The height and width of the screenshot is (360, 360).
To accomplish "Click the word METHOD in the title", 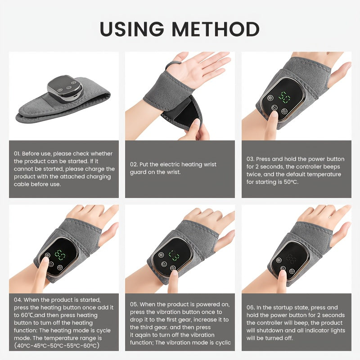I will click(216, 29).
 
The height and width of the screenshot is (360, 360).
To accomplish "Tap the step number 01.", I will click(17, 154).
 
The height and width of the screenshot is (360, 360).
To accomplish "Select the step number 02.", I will click(134, 165).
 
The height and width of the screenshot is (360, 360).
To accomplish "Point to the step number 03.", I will click(250, 159).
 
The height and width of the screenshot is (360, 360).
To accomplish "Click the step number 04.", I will click(17, 299).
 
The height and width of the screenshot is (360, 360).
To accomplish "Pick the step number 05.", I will click(134, 305).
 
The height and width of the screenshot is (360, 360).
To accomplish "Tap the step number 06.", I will click(250, 307).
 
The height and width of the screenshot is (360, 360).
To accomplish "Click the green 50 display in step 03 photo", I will click(284, 96).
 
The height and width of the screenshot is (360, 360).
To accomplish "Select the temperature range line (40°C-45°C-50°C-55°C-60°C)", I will click(57, 346).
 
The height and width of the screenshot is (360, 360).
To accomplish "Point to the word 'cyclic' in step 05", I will click(220, 343).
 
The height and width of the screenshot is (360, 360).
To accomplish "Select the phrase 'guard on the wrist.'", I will click(155, 172).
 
